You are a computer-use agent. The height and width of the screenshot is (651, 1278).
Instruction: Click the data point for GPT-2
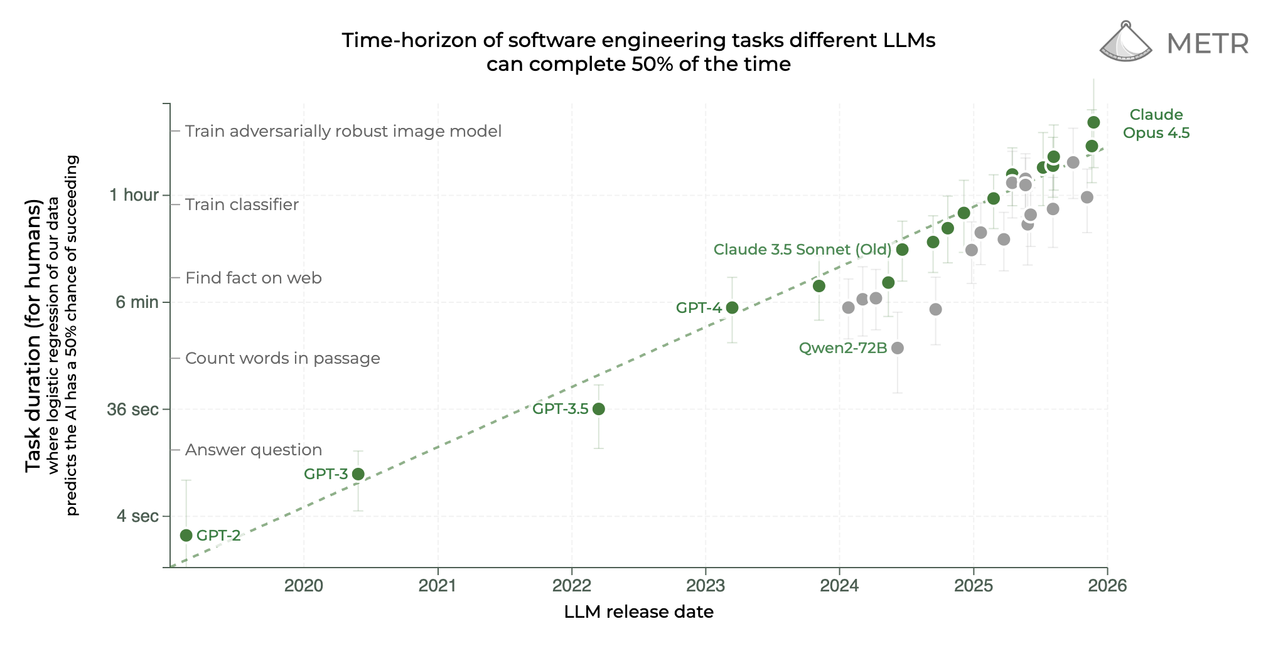click(x=186, y=535)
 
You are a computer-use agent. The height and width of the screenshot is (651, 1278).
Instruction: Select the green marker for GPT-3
click(x=358, y=474)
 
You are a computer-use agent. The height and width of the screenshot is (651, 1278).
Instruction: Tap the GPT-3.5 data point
click(x=598, y=409)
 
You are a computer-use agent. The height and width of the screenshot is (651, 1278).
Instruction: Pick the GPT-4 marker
click(x=732, y=307)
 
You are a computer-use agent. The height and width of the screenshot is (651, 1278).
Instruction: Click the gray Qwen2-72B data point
click(x=898, y=348)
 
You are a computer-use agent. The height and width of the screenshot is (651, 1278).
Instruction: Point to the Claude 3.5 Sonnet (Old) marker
click(x=902, y=250)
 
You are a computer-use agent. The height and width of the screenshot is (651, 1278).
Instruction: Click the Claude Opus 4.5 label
click(x=1156, y=124)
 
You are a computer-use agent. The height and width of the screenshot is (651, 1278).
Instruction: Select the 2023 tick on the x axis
click(x=706, y=585)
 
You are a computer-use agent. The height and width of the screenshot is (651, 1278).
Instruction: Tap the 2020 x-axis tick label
click(x=304, y=585)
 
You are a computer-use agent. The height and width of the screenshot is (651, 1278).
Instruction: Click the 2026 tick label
click(x=1107, y=585)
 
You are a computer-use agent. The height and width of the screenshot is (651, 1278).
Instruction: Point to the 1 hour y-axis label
click(x=134, y=195)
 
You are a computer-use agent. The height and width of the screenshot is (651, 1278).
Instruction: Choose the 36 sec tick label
click(x=132, y=410)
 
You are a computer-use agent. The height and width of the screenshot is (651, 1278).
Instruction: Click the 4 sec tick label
click(x=137, y=516)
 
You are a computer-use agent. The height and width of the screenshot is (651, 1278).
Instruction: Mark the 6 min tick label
click(x=137, y=302)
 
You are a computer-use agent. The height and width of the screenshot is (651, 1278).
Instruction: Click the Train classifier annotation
click(x=242, y=204)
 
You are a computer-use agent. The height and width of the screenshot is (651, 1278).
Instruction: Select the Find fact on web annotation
click(x=253, y=278)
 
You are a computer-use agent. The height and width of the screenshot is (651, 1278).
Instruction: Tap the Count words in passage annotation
click(x=282, y=358)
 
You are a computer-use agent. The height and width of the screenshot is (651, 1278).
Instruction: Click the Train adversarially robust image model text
click(x=343, y=131)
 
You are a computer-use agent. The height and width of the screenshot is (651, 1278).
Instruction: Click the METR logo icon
click(x=1125, y=43)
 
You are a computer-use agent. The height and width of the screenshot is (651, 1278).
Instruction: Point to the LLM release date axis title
click(x=638, y=611)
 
